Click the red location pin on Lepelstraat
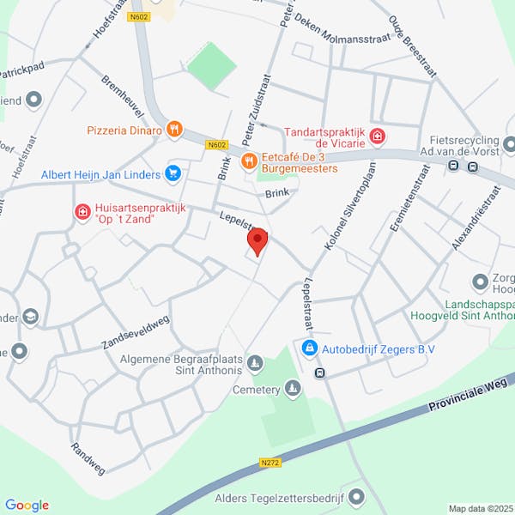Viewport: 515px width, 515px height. (257, 239)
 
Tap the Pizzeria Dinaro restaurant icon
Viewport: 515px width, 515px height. (174, 130)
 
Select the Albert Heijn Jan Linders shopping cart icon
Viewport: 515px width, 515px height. (173, 174)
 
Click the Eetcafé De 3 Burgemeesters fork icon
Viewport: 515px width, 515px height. (249, 160)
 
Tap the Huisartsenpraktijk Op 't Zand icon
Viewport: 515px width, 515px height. (82, 211)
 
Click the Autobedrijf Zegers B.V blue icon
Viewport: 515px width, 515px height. (308, 349)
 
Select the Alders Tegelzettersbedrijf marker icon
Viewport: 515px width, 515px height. (358, 496)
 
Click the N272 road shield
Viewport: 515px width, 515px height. (270, 463)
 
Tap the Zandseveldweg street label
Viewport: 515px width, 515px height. (134, 325)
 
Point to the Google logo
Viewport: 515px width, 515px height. (27, 505)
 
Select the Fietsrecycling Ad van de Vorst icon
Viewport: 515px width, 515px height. (510, 144)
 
